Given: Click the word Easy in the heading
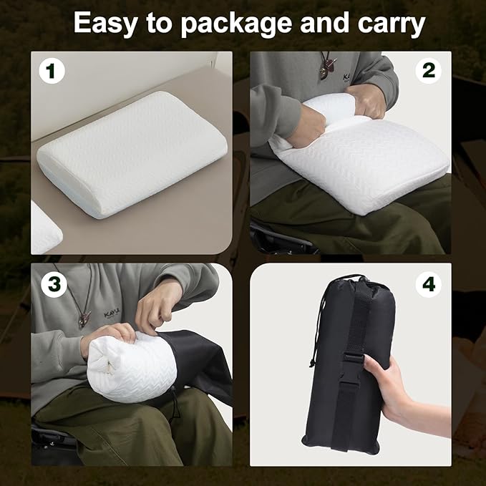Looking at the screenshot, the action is pos(105,24).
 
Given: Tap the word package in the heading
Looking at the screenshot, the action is pos(236,24).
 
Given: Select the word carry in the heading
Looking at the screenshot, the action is pos(392,25).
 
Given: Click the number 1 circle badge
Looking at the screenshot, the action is pos(52,72).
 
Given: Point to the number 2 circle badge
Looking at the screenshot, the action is pos(428,71).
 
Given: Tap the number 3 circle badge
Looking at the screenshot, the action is pos(54,285).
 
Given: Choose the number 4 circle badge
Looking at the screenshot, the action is pos(429,285).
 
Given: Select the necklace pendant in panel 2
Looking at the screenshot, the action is pos(326,67).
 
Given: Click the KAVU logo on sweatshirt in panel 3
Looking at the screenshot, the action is pos(112,314).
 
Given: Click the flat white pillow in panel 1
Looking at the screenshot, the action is pos(132,155).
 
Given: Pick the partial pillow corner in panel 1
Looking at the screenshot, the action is pos(45,228).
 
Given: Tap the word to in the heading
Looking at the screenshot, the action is pos(159,24).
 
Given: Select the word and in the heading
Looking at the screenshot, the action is pos(325,23).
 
